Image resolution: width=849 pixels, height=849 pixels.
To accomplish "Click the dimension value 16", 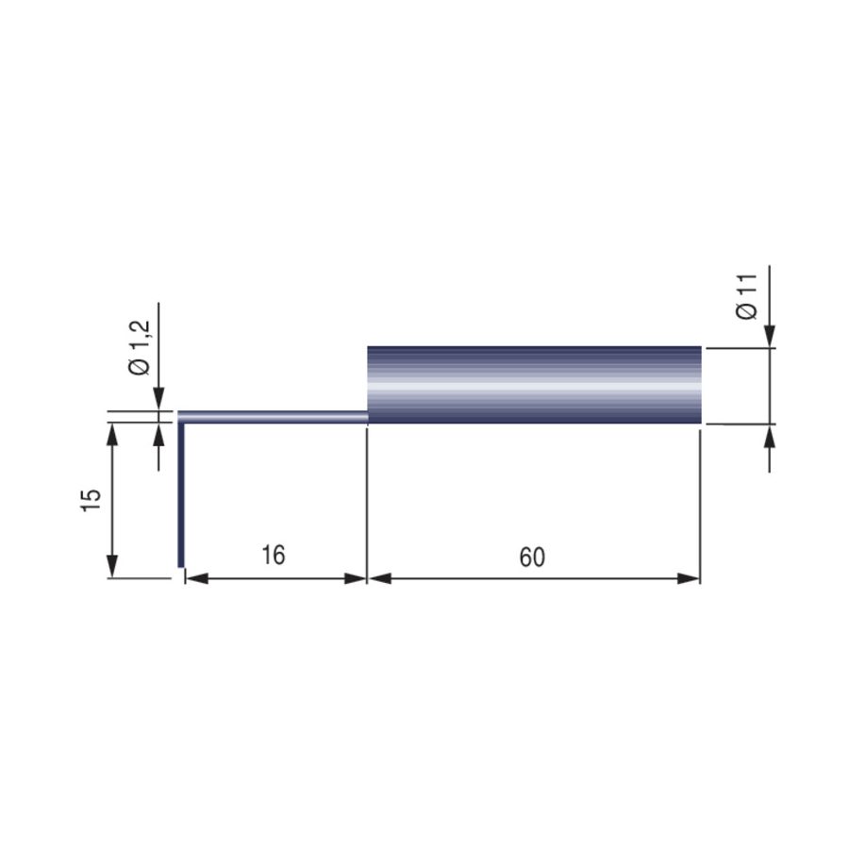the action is (x=273, y=555).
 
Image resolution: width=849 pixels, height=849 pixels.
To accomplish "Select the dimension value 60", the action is (x=532, y=558).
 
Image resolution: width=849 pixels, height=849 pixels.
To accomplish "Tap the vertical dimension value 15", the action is (x=91, y=500).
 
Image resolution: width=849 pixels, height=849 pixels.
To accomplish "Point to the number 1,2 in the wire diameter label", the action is (x=140, y=336).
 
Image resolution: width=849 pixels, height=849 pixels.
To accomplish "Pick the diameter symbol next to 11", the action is (x=747, y=310).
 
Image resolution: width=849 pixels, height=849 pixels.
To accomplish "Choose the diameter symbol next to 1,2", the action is (x=140, y=366).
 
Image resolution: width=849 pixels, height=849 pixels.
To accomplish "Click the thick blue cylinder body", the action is (x=535, y=385).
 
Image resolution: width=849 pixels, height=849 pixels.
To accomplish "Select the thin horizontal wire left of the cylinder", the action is (x=273, y=416).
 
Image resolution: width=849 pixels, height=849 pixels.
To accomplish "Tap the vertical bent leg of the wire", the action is (x=181, y=494).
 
